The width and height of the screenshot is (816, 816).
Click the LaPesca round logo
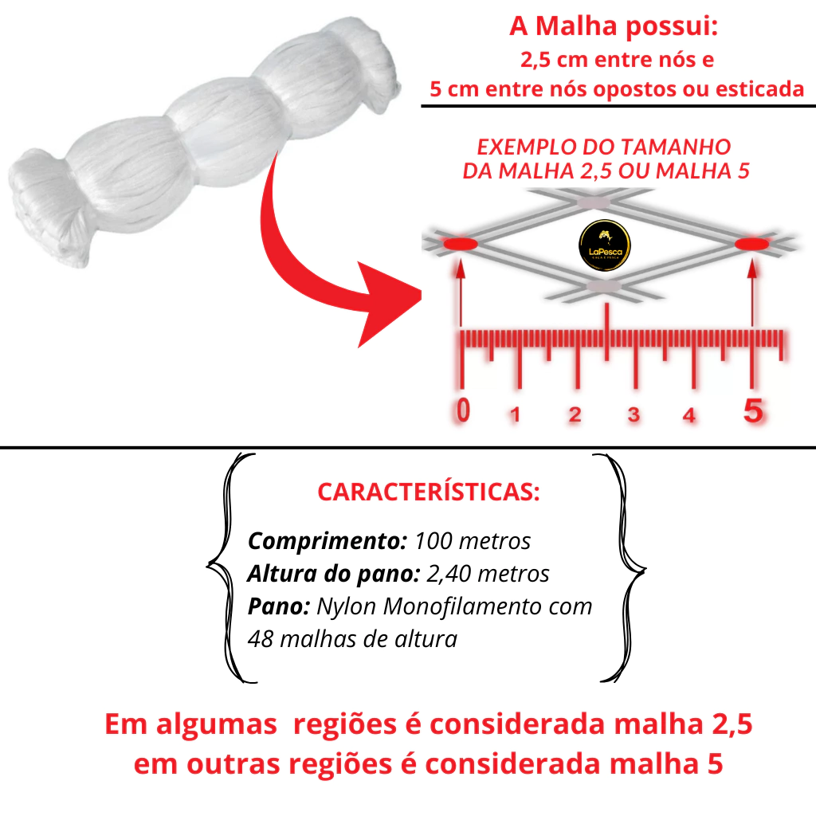coord(605,245)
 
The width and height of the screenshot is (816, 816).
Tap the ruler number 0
coord(463,410)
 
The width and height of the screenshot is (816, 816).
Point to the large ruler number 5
coord(753,411)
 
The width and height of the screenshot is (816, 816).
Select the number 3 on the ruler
coord(634,414)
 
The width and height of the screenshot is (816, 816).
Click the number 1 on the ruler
coord(516,414)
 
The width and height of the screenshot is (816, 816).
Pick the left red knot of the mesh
coord(460,244)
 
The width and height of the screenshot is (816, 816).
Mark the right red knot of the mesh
coord(751,244)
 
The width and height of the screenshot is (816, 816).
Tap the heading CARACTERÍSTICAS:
coord(429,492)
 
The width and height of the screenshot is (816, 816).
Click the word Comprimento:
coord(327,542)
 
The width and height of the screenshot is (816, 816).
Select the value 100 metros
coord(473,541)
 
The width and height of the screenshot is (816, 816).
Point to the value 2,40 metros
coord(488,574)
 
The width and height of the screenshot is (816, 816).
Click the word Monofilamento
coord(461,606)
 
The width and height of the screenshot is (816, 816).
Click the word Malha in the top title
coord(575,25)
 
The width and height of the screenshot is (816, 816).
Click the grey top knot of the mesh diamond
coord(594,202)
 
